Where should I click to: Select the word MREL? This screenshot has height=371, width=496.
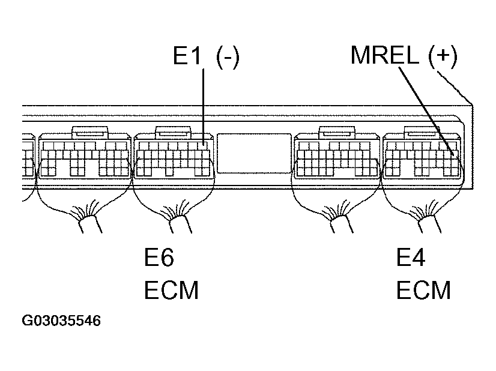[x=386, y=56]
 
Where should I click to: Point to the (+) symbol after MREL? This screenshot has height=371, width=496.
[x=443, y=56]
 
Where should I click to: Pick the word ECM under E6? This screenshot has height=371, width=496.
[x=171, y=291]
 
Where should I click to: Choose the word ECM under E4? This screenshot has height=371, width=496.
[x=423, y=291]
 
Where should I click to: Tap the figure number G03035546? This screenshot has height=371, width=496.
[x=61, y=321]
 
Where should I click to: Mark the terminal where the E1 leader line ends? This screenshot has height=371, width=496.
[x=205, y=145]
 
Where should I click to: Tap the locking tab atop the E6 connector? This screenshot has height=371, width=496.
[x=173, y=131]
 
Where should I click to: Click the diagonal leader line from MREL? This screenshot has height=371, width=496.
[x=426, y=108]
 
